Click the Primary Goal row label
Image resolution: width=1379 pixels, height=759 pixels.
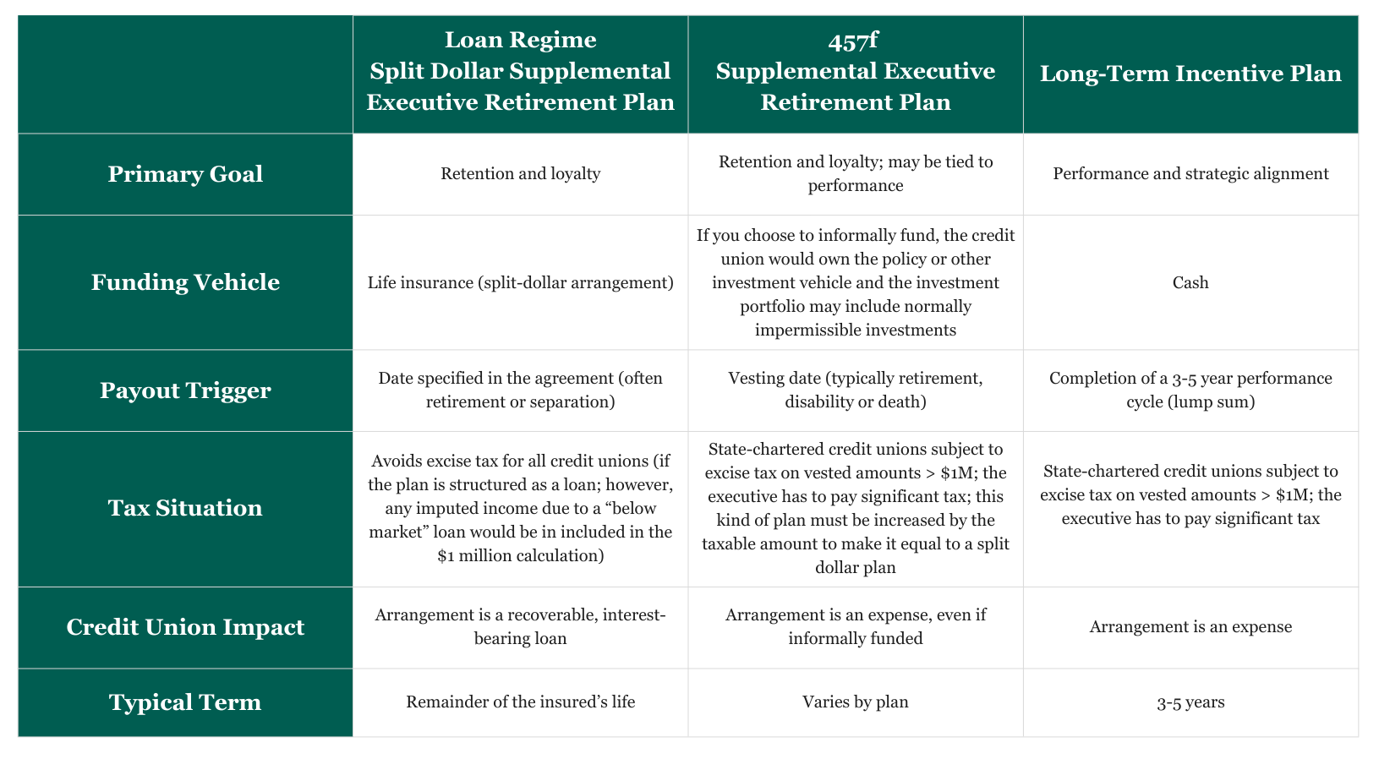click(185, 174)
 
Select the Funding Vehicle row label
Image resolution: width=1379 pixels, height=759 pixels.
click(185, 282)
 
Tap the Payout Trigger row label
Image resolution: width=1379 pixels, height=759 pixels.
click(185, 390)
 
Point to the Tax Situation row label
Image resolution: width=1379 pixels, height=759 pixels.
click(185, 508)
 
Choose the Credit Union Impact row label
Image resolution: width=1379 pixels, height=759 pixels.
click(185, 627)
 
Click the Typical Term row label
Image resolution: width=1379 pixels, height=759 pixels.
click(185, 702)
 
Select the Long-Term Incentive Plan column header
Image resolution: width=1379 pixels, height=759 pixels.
click(1190, 74)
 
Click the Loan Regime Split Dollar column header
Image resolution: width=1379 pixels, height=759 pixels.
click(520, 72)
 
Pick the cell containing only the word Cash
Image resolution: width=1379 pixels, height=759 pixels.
click(1190, 282)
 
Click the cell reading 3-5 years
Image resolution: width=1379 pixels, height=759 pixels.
click(1190, 702)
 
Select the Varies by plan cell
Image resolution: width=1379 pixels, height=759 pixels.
click(855, 702)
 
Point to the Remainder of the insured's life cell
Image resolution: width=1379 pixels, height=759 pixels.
click(520, 702)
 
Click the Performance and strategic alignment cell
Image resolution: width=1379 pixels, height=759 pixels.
click(1190, 174)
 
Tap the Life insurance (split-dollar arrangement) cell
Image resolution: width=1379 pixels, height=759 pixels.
click(520, 282)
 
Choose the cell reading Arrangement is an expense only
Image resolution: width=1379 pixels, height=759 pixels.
click(1190, 627)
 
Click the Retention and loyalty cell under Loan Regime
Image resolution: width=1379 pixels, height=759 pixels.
click(520, 174)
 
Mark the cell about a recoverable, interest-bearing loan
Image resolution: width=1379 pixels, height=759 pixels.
click(520, 626)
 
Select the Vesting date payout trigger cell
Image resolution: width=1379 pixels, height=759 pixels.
click(855, 390)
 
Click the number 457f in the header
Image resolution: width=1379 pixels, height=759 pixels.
click(855, 41)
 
